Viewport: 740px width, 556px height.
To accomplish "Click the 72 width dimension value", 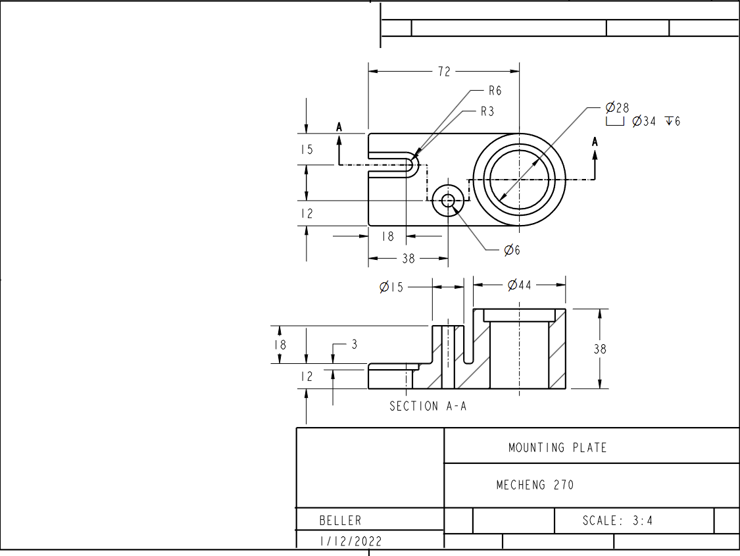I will pyautogui.click(x=445, y=72).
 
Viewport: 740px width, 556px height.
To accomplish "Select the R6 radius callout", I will pyautogui.click(x=495, y=91).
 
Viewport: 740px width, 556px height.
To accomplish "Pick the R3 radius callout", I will pyautogui.click(x=487, y=111).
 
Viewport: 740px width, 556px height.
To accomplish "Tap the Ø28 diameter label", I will pyautogui.click(x=617, y=108).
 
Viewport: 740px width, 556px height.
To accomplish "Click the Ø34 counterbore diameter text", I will pyautogui.click(x=644, y=121).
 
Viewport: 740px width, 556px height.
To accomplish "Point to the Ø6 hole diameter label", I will pyautogui.click(x=512, y=250).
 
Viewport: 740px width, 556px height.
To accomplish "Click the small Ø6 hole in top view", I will pyautogui.click(x=448, y=201).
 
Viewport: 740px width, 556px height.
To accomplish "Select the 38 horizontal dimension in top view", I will pyautogui.click(x=408, y=259).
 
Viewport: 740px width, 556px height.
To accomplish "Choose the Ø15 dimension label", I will pyautogui.click(x=391, y=287).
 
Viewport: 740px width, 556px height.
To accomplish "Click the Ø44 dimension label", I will pyautogui.click(x=520, y=285).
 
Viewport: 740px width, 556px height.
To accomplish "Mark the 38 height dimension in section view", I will pyautogui.click(x=599, y=349).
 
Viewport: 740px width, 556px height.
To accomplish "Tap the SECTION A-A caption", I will pyautogui.click(x=428, y=406).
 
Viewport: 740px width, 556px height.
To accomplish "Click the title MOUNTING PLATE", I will pyautogui.click(x=557, y=447).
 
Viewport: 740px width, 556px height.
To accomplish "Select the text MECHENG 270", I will pyautogui.click(x=535, y=485).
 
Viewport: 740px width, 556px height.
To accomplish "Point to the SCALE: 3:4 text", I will pyautogui.click(x=618, y=520).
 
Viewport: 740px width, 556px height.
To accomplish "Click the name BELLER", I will pyautogui.click(x=340, y=520).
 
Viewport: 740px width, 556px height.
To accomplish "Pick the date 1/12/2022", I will pyautogui.click(x=350, y=542).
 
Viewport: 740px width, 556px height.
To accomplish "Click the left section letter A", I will pyautogui.click(x=339, y=126).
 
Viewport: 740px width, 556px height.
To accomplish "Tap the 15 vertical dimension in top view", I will pyautogui.click(x=307, y=150).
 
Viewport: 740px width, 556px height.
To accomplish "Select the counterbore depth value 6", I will pyautogui.click(x=678, y=121).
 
